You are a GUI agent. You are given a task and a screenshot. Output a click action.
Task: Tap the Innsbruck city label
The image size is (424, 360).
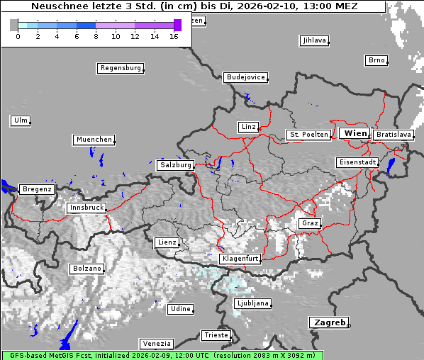pyautogui.click(x=87, y=208)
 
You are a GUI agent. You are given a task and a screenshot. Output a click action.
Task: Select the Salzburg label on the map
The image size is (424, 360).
pyautogui.click(x=175, y=165)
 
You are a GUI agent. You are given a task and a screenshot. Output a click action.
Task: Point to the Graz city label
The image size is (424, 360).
pyautogui.click(x=310, y=223)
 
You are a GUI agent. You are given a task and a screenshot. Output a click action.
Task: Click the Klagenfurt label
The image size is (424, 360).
pyautogui.click(x=240, y=259)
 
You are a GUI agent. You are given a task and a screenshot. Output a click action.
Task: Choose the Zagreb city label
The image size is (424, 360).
pyautogui.click(x=328, y=322)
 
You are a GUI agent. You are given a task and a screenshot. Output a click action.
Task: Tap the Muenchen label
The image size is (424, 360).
pyautogui.click(x=94, y=140)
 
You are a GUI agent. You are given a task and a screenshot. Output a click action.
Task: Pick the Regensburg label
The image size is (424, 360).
pyautogui.click(x=121, y=69)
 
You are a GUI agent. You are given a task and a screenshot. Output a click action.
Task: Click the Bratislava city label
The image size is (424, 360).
pyautogui.click(x=394, y=135)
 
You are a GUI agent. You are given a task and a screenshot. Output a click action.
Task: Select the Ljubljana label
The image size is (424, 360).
pyautogui.click(x=252, y=303)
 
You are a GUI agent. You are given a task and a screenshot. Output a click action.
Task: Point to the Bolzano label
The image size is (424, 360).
pyautogui.click(x=87, y=269)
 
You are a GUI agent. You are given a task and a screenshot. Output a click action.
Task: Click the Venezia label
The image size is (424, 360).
pyautogui.click(x=156, y=343)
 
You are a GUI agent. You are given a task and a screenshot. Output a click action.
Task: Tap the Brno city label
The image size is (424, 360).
pyautogui.click(x=376, y=60)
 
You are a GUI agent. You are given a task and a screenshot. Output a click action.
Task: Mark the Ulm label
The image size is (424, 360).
pyautogui.click(x=21, y=120)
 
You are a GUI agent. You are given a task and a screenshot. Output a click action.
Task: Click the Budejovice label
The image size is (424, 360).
pyautogui.click(x=245, y=77)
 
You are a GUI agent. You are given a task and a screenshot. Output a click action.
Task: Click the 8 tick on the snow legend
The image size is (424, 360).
pyautogui.click(x=96, y=35)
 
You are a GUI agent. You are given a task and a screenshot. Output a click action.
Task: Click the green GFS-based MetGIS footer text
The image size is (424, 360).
pyautogui.click(x=162, y=355)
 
